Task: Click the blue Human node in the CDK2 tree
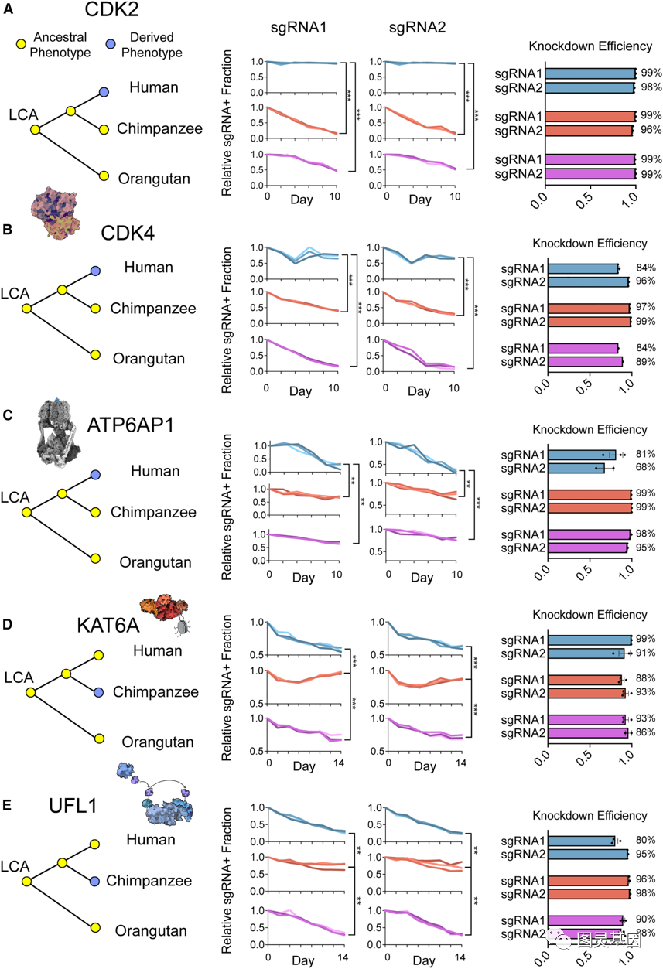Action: point(104,92)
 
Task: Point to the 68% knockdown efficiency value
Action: point(646,468)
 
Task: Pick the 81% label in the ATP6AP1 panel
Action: point(646,455)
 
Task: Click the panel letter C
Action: point(8,415)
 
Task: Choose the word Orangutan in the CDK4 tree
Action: point(149,358)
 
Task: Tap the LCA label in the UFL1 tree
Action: point(14,867)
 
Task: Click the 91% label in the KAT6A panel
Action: point(646,653)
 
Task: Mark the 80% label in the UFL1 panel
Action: point(646,841)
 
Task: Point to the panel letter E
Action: point(8,804)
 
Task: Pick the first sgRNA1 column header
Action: point(298,28)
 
